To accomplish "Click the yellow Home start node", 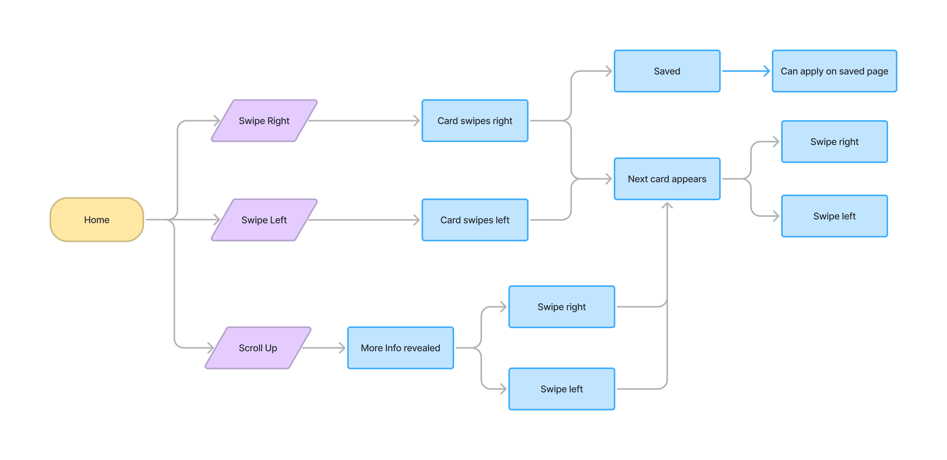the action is coord(97,219).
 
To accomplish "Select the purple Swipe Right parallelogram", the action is coord(264,121).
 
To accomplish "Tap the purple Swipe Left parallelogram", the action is coord(264,220).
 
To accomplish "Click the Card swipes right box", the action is coord(475,121).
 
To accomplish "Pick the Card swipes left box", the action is coord(475,220).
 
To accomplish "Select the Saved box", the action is coord(667,71).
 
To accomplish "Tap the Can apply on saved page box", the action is coord(834,71).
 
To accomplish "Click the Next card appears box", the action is coord(667,179).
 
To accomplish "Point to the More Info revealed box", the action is coord(400,348).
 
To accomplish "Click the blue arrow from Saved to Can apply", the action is coord(746,71).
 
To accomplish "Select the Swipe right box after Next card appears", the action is coord(834,142).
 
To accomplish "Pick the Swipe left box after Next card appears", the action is coord(834,216).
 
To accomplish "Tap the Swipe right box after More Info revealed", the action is coord(562,307).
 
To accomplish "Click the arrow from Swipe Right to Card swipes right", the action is coord(364,121).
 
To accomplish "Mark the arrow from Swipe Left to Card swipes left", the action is coord(364,220).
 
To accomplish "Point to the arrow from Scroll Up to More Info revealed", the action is coord(324,348).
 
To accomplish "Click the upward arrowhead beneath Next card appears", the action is coord(667,205).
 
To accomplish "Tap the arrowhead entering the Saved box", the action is coord(609,71).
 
